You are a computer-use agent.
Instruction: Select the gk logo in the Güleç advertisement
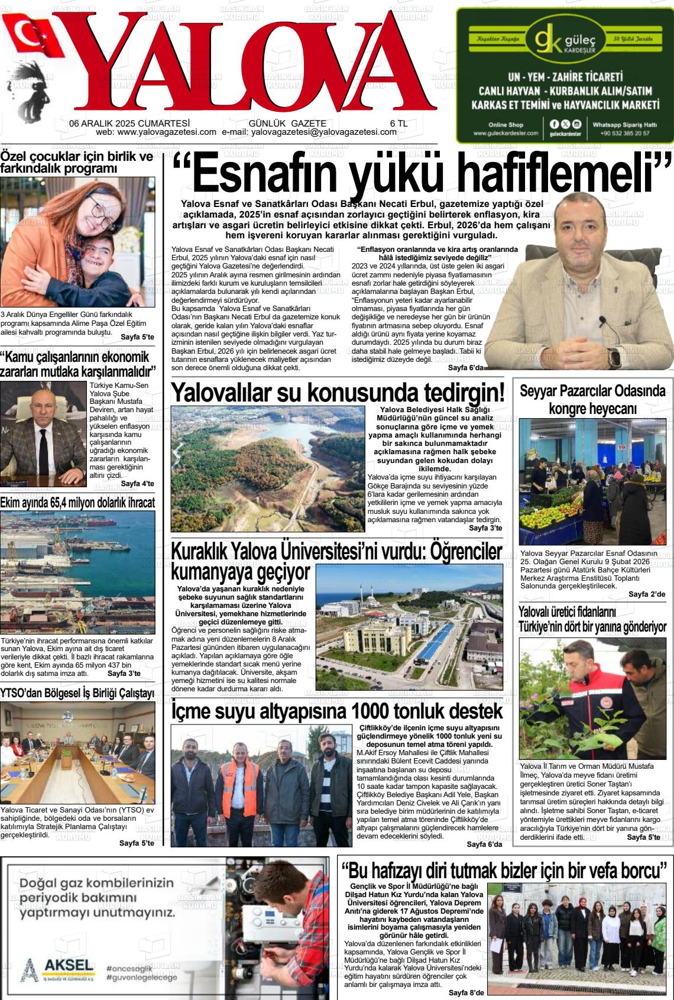click(547, 40)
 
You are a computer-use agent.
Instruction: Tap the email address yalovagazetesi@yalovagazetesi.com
click(324, 132)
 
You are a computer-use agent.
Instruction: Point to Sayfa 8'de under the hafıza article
click(466, 992)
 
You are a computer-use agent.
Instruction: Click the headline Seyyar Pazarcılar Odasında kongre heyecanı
click(592, 400)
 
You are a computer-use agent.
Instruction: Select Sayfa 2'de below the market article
click(646, 594)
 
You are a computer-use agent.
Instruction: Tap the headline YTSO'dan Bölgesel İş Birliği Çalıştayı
click(77, 692)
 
